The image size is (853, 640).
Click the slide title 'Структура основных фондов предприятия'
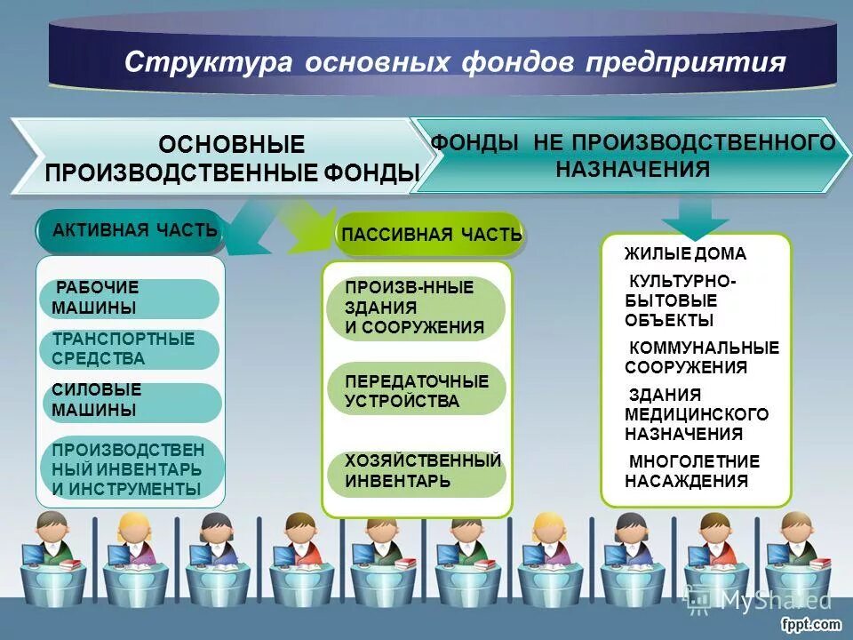(x=454, y=63)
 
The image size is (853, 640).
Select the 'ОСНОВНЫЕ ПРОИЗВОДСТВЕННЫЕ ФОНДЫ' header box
(x=231, y=158)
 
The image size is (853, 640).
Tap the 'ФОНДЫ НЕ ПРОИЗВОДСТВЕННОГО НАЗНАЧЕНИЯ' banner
(x=633, y=156)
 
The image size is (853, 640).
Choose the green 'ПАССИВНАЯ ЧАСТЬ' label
(x=432, y=235)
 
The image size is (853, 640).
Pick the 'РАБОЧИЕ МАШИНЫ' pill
(x=130, y=299)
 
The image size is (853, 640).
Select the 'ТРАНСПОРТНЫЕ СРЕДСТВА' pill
(x=130, y=349)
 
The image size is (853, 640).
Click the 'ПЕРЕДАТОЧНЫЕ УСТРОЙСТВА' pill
(x=416, y=390)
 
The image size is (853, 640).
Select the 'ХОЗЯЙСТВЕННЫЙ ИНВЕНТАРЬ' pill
(x=416, y=471)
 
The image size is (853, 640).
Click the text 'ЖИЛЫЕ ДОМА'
(x=685, y=254)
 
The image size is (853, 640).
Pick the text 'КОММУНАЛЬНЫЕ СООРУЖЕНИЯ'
(x=701, y=357)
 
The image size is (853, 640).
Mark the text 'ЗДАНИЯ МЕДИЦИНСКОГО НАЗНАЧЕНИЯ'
(x=696, y=415)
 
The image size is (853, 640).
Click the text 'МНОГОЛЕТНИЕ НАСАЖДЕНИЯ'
(x=692, y=471)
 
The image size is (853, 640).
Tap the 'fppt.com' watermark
(x=811, y=625)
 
